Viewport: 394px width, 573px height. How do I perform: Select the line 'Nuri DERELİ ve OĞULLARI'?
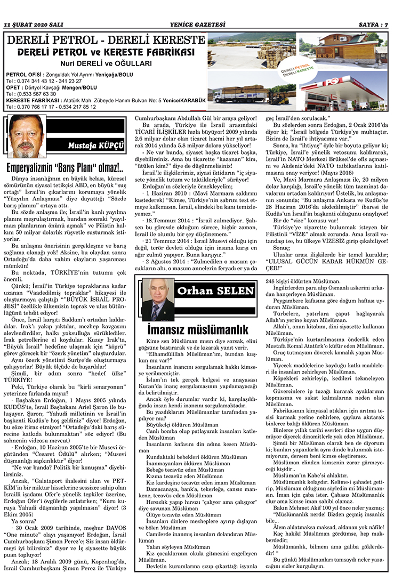click(105, 63)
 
